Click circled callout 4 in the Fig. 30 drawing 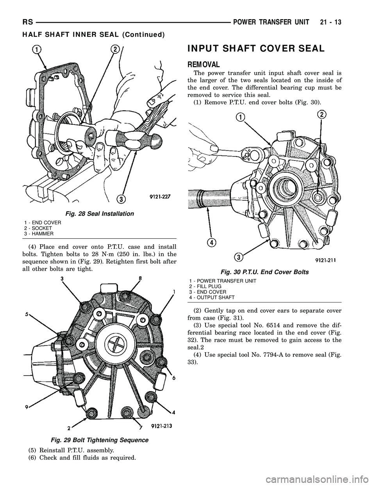pyautogui.click(x=211, y=242)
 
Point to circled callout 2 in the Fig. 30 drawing pyautogui.click(x=321, y=114)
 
